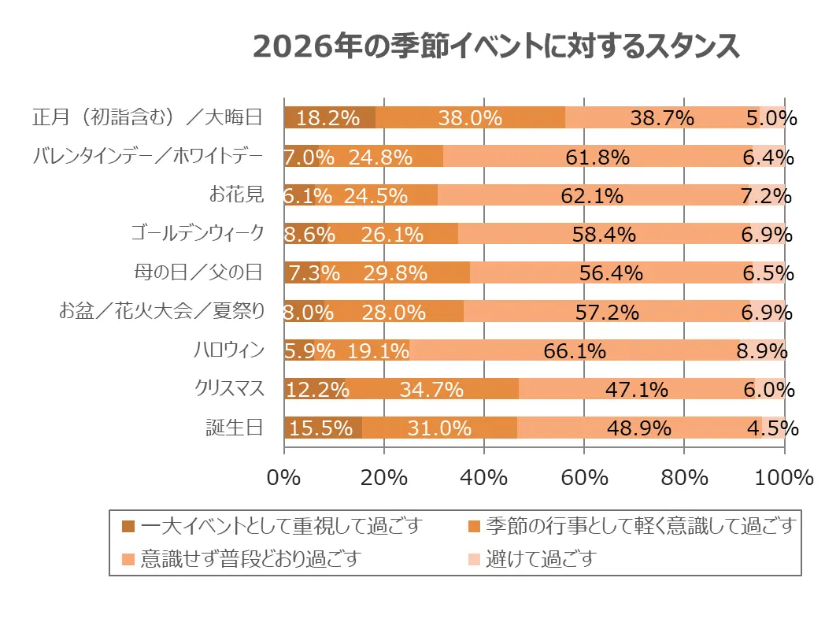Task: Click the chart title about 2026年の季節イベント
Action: (495, 46)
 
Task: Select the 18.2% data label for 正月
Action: (329, 118)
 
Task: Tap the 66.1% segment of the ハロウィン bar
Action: (574, 350)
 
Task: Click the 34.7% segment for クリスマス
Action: (431, 389)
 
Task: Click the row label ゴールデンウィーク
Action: (197, 233)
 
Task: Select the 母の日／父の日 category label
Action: (198, 272)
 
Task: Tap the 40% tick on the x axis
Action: (483, 477)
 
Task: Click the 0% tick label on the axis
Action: (284, 477)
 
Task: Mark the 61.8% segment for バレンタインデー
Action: (597, 157)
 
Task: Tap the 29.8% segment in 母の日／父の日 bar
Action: (395, 273)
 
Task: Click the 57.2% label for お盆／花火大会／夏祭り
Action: (606, 312)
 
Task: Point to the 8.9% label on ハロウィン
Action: (761, 350)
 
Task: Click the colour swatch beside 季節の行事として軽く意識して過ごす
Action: (474, 525)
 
